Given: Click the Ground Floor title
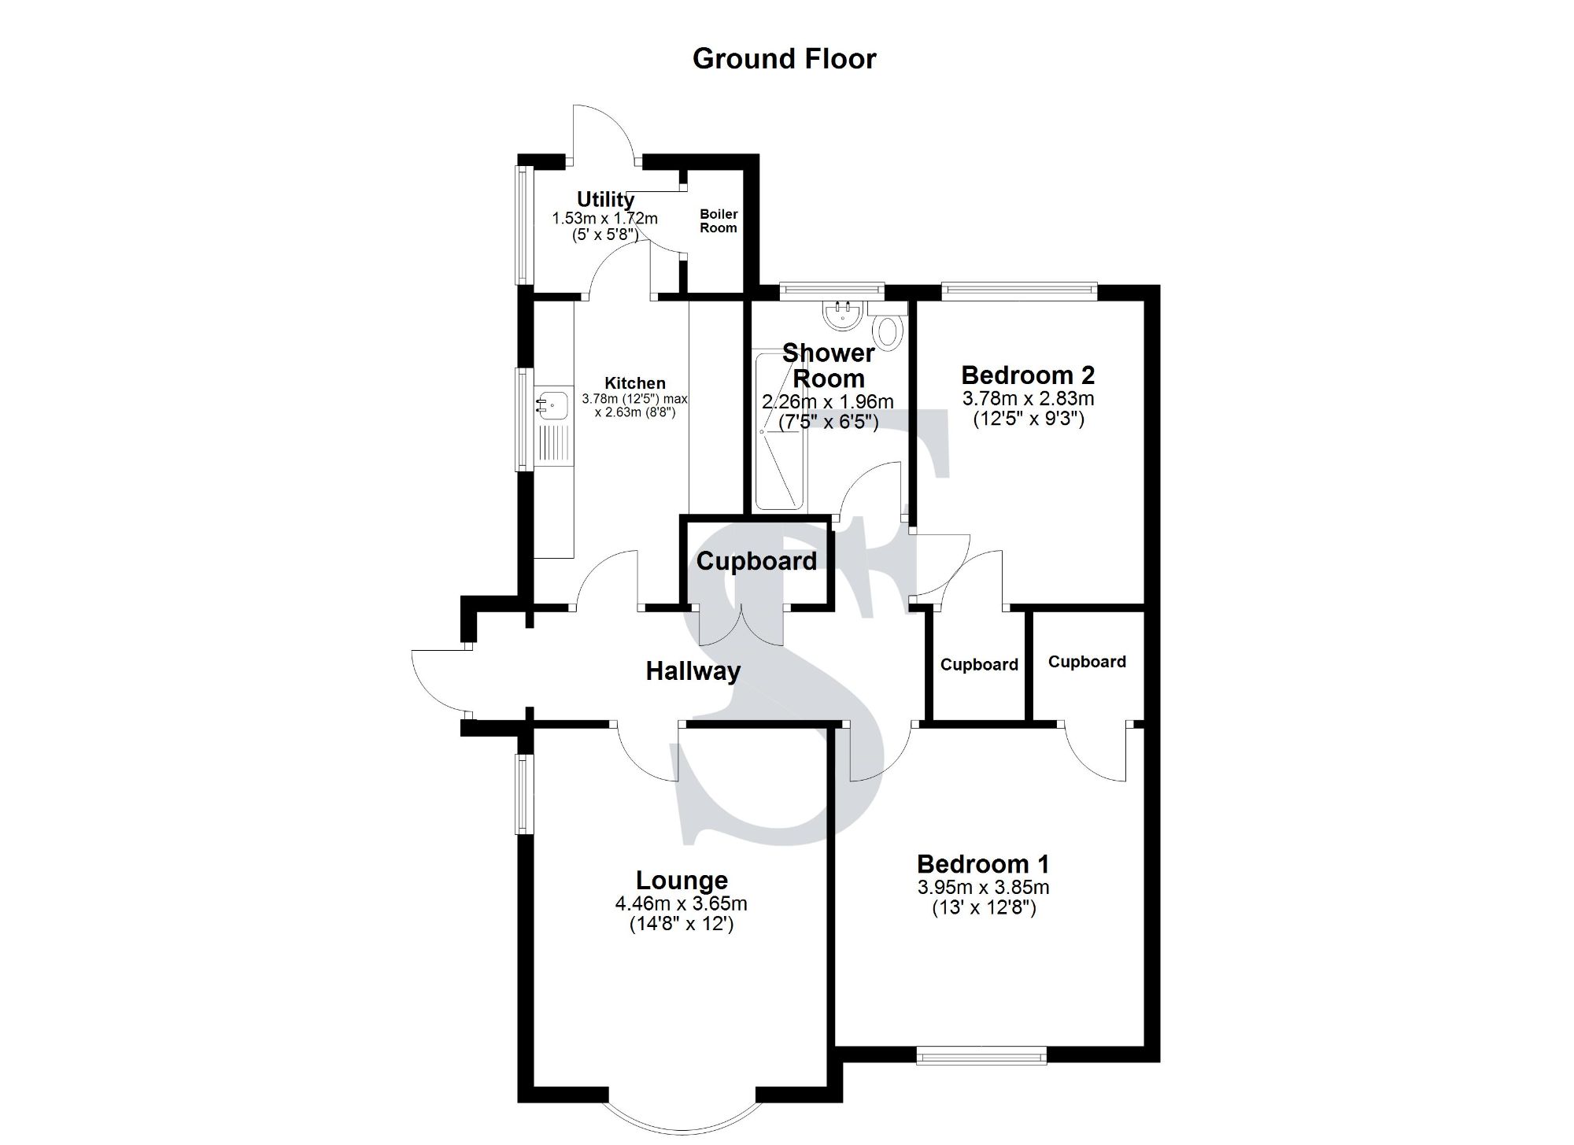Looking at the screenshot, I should [x=784, y=59].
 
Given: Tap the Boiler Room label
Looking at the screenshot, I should [x=719, y=221].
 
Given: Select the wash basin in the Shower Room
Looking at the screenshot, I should [x=843, y=316].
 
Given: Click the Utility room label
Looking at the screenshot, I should [x=605, y=199].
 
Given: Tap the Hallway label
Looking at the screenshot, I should [x=693, y=671].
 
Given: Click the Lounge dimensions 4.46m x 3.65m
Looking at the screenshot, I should [x=681, y=903].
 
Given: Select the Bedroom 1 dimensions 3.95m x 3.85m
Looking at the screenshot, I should [x=983, y=888].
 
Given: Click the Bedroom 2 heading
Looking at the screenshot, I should [x=1028, y=375].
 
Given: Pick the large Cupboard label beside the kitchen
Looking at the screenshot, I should [x=756, y=561].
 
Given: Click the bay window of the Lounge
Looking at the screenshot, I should [x=681, y=1121].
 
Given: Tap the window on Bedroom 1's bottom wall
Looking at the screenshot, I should [x=981, y=1055].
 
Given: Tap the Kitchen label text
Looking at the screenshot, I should [x=634, y=383].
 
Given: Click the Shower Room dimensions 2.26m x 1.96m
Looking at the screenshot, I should [x=828, y=402].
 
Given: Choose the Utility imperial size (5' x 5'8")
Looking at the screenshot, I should [x=605, y=234].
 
